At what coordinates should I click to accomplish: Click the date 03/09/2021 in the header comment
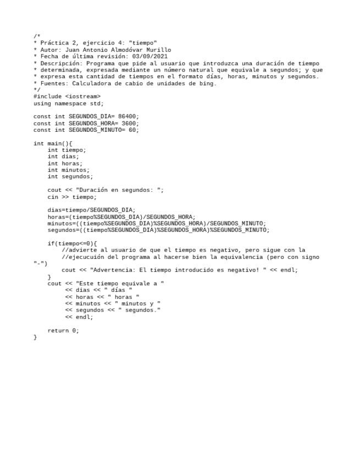pyautogui.click(x=150, y=56)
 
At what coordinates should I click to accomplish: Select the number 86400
pyautogui.click(x=129, y=116)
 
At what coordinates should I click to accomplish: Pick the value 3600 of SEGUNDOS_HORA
pyautogui.click(x=129, y=124)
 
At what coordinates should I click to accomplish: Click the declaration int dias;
pyautogui.click(x=63, y=157)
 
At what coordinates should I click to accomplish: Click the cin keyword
pyautogui.click(x=53, y=197)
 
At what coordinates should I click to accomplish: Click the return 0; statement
pyautogui.click(x=63, y=330)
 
